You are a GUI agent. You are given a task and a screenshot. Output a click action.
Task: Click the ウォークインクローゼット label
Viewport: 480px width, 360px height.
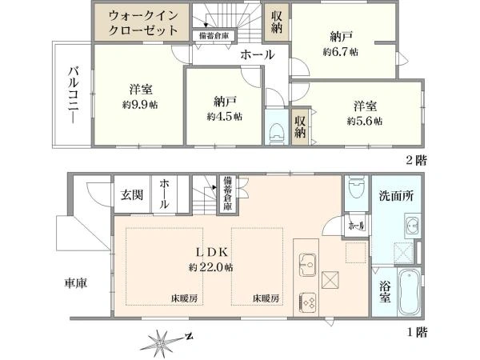(143, 23)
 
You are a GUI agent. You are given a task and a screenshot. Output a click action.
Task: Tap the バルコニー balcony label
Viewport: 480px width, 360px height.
(74, 95)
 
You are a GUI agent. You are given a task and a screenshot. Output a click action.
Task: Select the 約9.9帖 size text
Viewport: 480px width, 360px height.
(140, 105)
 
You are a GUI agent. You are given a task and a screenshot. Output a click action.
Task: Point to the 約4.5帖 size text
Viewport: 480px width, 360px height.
(224, 116)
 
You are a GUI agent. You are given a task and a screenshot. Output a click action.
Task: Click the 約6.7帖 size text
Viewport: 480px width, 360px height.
(341, 52)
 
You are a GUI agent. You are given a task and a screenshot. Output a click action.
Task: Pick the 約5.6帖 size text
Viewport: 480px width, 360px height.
(365, 122)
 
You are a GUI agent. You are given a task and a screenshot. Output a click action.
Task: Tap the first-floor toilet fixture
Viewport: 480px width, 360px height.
(357, 186)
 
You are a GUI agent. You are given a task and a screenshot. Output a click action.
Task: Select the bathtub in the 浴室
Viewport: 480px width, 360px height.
(410, 292)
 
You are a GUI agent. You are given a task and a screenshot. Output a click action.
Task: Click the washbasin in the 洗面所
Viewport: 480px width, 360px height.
(412, 226)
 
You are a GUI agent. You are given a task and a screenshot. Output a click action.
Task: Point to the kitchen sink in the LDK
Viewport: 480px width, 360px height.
(307, 265)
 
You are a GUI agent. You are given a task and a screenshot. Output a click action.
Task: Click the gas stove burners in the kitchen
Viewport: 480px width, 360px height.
(307, 303)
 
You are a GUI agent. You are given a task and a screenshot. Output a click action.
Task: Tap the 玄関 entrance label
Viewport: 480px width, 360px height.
(132, 194)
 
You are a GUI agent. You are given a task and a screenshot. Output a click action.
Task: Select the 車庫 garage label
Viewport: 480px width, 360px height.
(76, 282)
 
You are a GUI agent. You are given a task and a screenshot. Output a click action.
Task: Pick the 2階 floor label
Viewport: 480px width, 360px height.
(416, 160)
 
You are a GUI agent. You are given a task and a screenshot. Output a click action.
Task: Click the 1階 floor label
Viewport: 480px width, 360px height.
(417, 332)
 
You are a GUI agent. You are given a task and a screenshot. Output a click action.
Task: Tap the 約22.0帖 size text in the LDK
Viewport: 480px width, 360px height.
(210, 267)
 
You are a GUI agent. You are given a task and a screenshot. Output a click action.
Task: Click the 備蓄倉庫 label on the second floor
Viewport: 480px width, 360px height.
(214, 36)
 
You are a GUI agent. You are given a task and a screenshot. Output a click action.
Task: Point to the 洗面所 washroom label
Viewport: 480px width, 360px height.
(396, 196)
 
